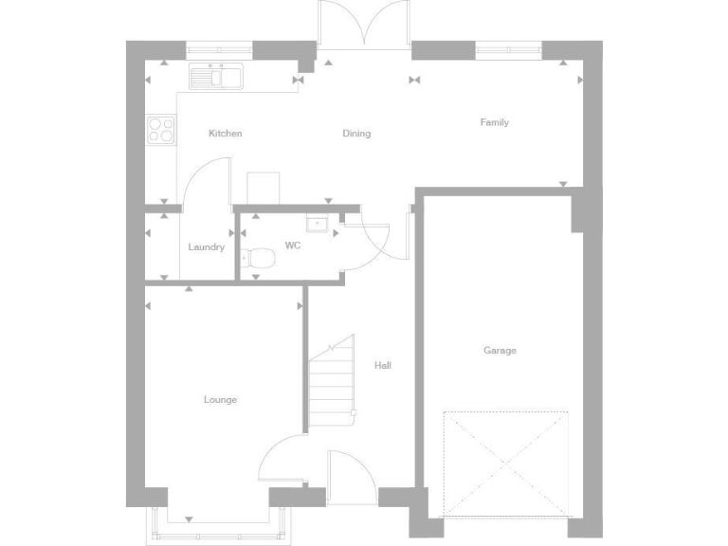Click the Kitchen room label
pyautogui.click(x=225, y=134)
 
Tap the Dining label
pyautogui.click(x=356, y=134)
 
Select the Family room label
pyautogui.click(x=494, y=122)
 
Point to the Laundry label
pyautogui.click(x=206, y=247)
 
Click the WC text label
pyautogui.click(x=293, y=246)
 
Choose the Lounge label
pyautogui.click(x=220, y=400)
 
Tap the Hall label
pyautogui.click(x=382, y=365)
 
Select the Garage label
pyautogui.click(x=500, y=351)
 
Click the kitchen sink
pyautogui.click(x=217, y=76)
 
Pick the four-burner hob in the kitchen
pyautogui.click(x=161, y=129)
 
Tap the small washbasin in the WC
pyautogui.click(x=318, y=224)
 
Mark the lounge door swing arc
pyautogui.click(x=282, y=462)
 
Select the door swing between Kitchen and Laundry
pyautogui.click(x=206, y=181)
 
